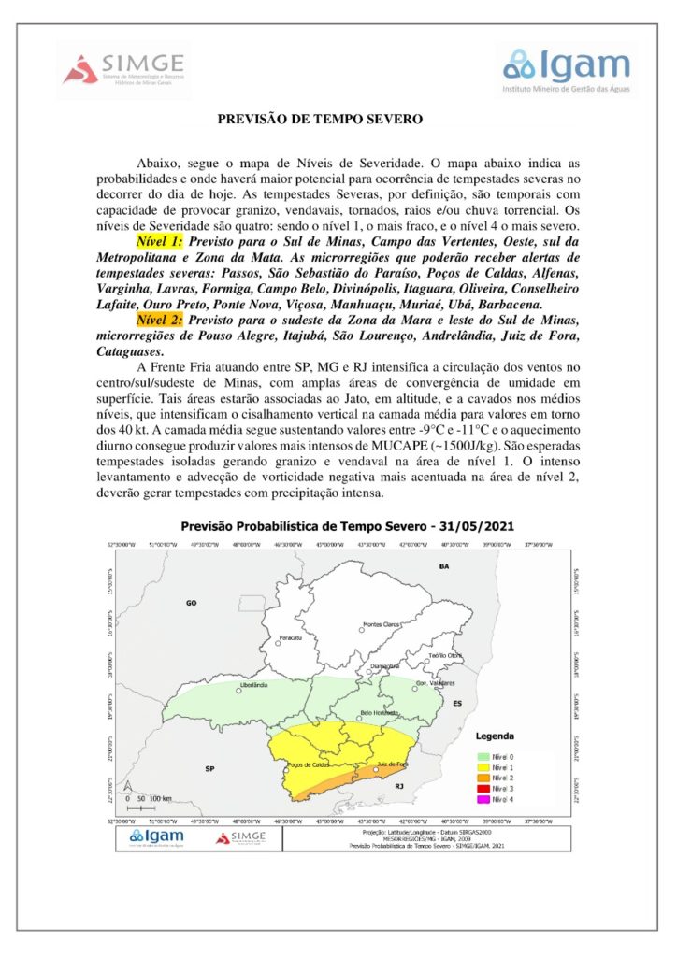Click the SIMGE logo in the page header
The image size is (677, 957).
coord(124,68)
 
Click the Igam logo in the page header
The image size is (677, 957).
coord(567,67)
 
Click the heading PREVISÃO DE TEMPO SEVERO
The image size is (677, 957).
coord(320,120)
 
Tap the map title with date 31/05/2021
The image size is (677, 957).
coord(347,525)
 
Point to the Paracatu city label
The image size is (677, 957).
coord(294,639)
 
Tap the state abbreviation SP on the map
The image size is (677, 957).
coord(210,767)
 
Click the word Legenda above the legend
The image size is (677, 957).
coord(495,736)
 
